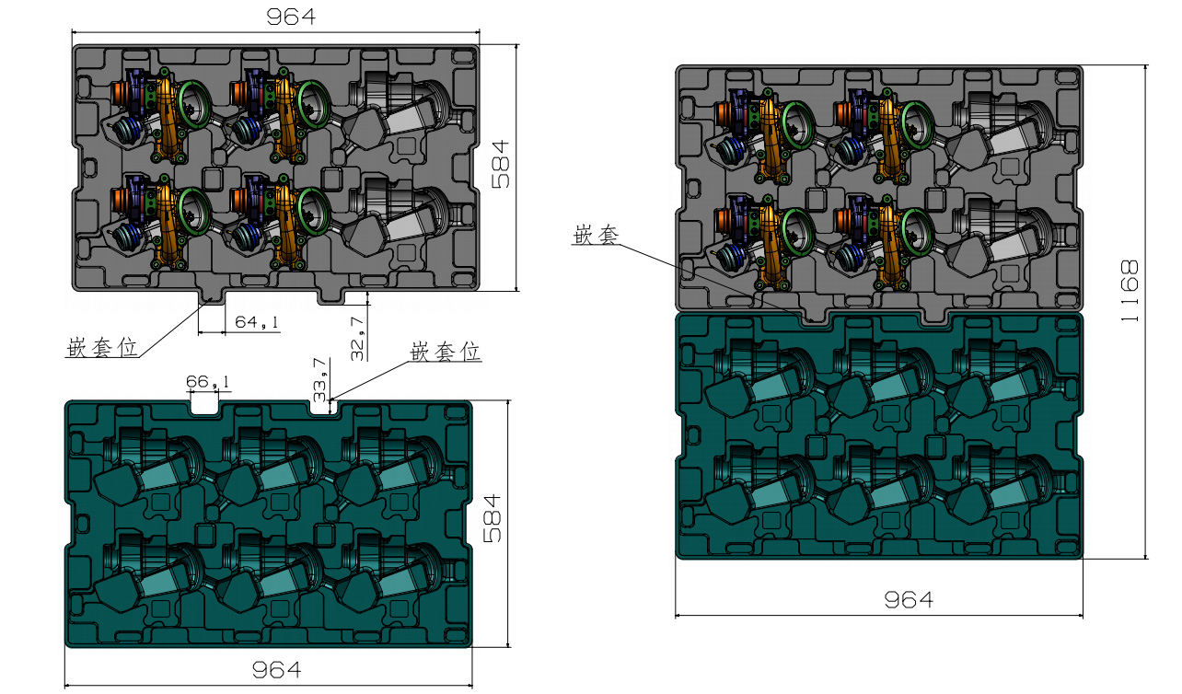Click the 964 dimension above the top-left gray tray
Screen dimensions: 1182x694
click(291, 17)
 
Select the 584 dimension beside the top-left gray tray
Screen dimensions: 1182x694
click(500, 164)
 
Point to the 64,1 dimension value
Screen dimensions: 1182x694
click(257, 322)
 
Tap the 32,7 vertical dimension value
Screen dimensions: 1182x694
click(357, 339)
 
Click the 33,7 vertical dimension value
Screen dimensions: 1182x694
click(319, 379)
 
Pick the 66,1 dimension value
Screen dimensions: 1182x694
click(207, 381)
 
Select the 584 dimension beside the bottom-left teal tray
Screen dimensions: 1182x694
click(492, 518)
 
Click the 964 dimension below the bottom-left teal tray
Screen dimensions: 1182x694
click(276, 670)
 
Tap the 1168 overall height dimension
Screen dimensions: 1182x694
click(1129, 291)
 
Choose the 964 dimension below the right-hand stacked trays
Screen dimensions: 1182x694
click(909, 600)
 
